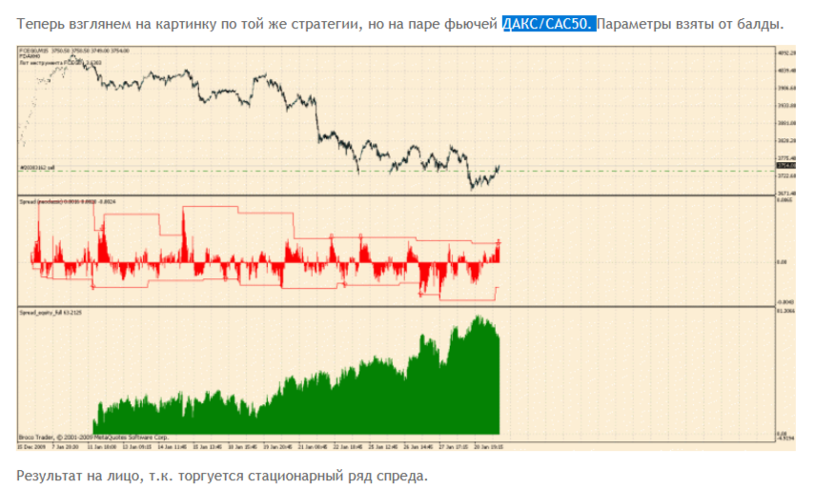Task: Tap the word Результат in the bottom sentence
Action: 52,474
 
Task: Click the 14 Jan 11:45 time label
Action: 173,445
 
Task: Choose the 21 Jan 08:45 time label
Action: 310,445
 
